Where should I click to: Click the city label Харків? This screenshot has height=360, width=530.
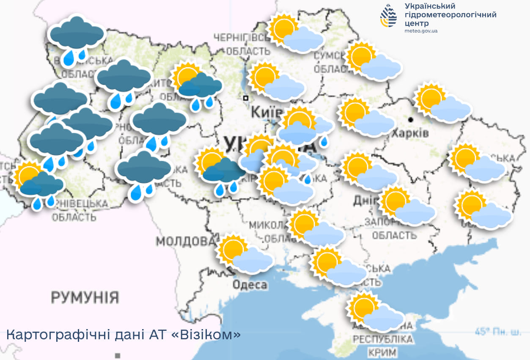pos(410,134)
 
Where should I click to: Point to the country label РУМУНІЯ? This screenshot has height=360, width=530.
pos(85,297)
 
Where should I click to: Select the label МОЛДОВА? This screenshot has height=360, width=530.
pos(185,242)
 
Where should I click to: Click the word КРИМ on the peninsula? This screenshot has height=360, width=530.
pos(382,352)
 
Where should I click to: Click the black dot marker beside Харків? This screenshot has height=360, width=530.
pos(410,120)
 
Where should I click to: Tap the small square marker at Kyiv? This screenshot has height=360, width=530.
pos(245,98)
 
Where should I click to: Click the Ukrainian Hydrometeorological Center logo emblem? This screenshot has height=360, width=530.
pos(389,16)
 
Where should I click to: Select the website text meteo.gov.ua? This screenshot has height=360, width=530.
pos(421,31)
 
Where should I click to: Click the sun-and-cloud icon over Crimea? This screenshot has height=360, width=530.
pos(375,312)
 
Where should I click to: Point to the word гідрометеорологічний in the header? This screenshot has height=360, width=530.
pos(450,15)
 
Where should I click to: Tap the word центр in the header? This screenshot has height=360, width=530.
pos(417,23)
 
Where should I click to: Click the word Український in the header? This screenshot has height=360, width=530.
pos(429,6)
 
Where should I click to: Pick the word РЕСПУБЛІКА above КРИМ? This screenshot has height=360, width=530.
pos(382,340)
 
